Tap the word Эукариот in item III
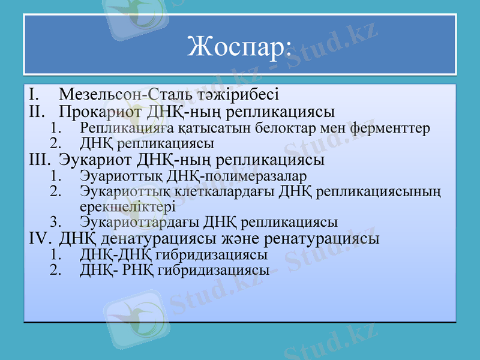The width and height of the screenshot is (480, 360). pos(95,160)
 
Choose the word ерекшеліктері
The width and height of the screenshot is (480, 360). pos(127,206)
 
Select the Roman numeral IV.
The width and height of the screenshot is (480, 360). pos(40,238)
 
